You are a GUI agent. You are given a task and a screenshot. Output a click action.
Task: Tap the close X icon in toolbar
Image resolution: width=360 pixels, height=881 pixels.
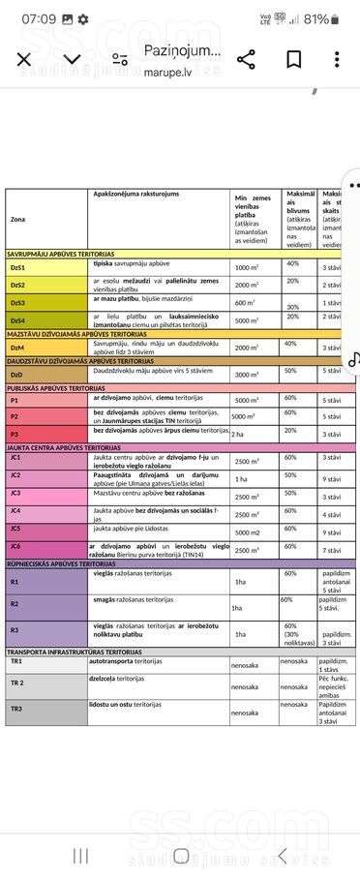tap(24, 60)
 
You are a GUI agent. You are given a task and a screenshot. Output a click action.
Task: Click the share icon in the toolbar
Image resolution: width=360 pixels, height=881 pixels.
tap(246, 60)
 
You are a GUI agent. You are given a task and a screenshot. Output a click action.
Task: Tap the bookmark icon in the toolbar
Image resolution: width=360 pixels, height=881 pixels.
tap(293, 60)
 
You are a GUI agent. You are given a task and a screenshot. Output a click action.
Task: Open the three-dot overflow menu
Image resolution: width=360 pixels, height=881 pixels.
tap(337, 60)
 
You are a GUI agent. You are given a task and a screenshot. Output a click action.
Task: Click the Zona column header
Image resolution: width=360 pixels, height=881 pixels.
tap(19, 220)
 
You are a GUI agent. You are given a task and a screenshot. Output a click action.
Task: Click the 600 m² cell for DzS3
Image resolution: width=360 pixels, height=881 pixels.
tap(246, 303)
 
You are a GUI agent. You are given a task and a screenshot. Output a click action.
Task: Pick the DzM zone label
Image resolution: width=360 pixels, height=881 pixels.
tap(16, 347)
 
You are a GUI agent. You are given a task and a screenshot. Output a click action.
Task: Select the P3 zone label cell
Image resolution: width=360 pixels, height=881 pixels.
tap(15, 434)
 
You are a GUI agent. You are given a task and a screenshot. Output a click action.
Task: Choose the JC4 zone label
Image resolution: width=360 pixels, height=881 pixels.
tap(15, 510)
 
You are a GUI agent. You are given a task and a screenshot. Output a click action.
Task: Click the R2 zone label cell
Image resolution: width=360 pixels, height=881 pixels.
tap(15, 604)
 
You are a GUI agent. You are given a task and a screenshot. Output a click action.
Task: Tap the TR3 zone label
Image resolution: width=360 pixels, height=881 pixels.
tap(16, 709)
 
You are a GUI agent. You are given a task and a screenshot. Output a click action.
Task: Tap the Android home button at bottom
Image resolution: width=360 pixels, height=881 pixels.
tap(180, 855)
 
